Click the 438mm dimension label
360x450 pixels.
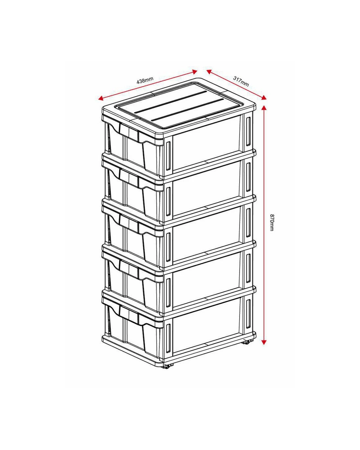(145, 80)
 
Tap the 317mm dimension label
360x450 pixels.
(241, 81)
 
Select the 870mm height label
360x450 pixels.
(272, 223)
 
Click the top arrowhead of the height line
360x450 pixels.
(264, 108)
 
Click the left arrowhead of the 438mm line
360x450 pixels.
(100, 98)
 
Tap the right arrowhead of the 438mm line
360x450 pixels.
(195, 72)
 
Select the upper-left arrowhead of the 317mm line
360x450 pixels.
(209, 72)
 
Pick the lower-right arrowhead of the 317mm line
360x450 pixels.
(264, 97)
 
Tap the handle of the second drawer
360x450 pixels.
(129, 176)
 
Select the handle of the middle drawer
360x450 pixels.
(129, 222)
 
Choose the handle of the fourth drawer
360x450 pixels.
(129, 268)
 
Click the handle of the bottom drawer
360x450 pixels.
(129, 313)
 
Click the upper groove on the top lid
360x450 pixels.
(171, 102)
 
